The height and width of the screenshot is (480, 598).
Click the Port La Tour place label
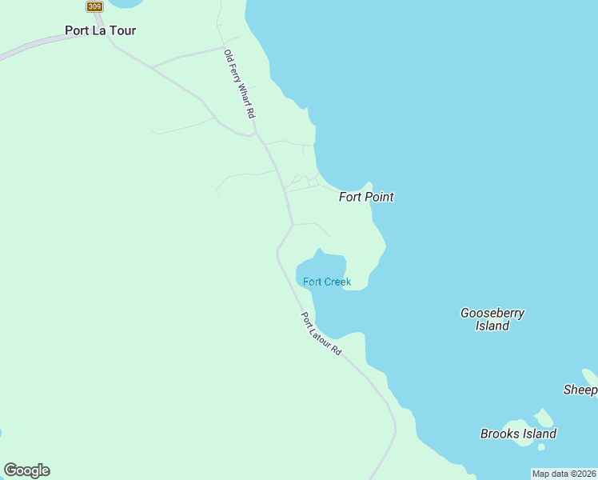pyautogui.click(x=100, y=31)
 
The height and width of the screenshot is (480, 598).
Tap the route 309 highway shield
pyautogui.click(x=94, y=6)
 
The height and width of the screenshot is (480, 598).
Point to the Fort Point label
pyautogui.click(x=366, y=197)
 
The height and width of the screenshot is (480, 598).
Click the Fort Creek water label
pyautogui.click(x=327, y=282)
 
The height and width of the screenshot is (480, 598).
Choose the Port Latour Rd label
pyautogui.click(x=321, y=334)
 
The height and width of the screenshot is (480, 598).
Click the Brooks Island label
pyautogui.click(x=518, y=434)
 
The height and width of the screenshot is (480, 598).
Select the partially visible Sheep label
pyautogui.click(x=580, y=390)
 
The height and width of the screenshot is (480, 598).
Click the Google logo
pyautogui.click(x=26, y=470)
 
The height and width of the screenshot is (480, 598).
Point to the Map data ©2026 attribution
pyautogui.click(x=564, y=474)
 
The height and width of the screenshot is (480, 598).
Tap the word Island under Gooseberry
pyautogui.click(x=492, y=326)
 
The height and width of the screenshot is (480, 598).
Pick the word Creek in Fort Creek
pyautogui.click(x=337, y=282)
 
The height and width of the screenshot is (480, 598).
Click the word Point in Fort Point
pyautogui.click(x=380, y=197)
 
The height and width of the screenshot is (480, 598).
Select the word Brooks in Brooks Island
pyautogui.click(x=500, y=434)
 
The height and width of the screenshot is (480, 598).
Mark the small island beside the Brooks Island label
pyautogui.click(x=544, y=418)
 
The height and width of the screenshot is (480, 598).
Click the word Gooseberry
pyautogui.click(x=492, y=313)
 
